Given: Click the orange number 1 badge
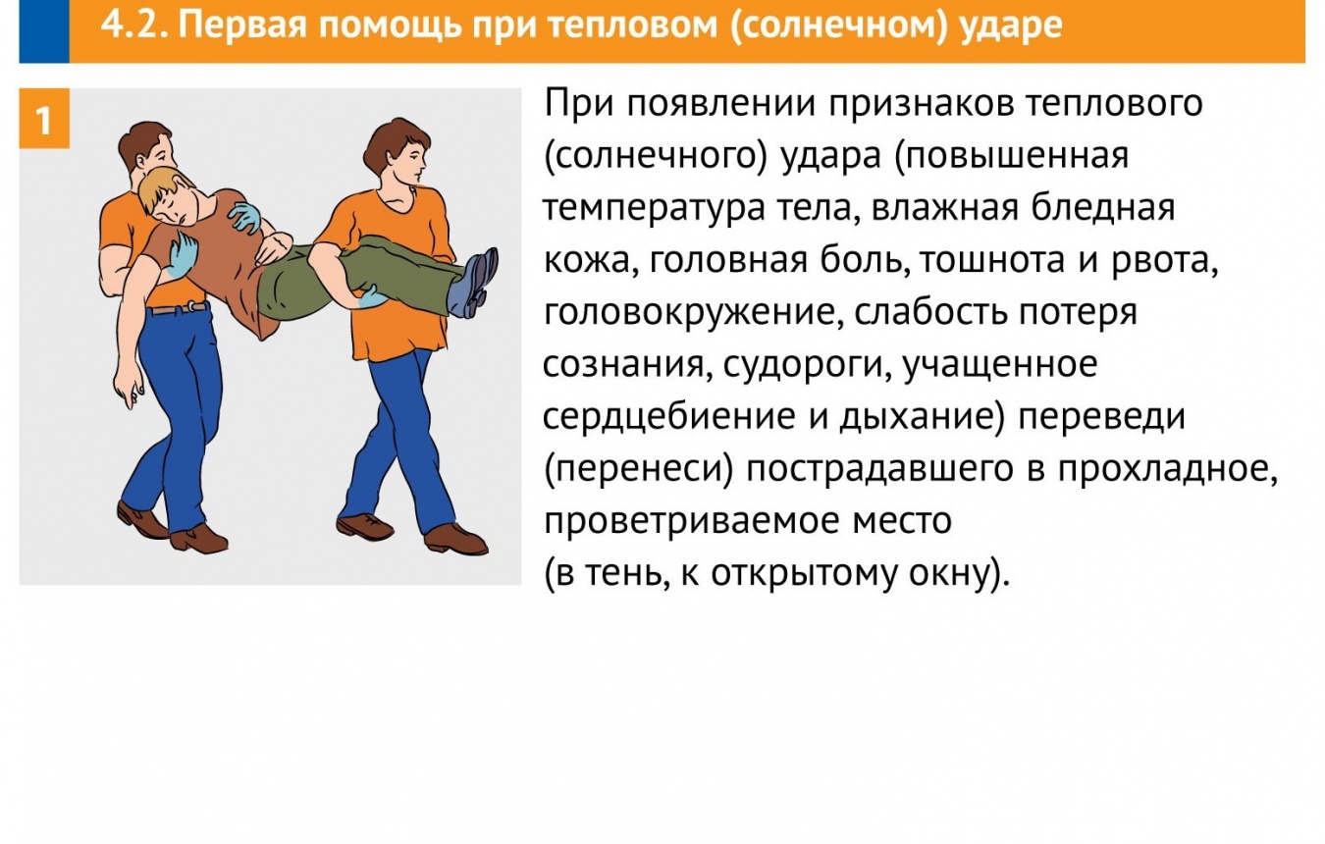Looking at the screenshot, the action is point(44,119).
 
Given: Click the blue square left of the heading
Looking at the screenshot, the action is point(44,31).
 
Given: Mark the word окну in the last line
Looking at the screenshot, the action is point(949,573).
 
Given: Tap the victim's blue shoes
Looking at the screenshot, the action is point(473,283).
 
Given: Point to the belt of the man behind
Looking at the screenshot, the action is point(178,308).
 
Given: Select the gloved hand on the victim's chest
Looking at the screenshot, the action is point(245,217).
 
